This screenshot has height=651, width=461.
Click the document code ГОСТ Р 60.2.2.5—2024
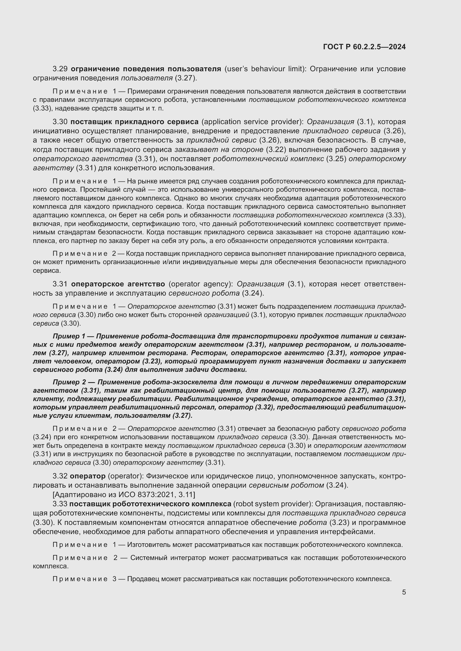coord(364,47)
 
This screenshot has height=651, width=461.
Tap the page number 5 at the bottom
coord(404,592)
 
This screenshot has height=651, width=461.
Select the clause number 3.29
coord(60,69)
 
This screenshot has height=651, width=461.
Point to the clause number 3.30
coord(60,122)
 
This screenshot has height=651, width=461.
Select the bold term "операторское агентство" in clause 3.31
coord(118,284)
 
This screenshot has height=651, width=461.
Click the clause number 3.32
coord(60,476)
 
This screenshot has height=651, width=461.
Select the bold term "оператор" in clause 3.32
coord(88,476)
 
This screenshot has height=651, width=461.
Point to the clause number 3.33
coord(60,504)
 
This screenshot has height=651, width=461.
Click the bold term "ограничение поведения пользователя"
coord(145,69)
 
